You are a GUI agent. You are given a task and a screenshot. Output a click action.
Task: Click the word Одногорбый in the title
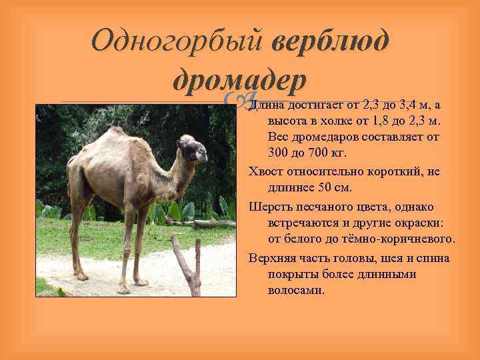point(176,41)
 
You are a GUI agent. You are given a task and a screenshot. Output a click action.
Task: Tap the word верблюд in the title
point(329,41)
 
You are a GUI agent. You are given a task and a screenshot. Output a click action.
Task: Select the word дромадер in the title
point(239,81)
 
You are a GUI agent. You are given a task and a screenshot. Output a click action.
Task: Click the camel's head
point(193,148)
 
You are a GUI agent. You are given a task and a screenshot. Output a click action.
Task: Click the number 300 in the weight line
point(280,153)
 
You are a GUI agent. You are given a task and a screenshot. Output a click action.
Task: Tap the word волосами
point(296,291)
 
